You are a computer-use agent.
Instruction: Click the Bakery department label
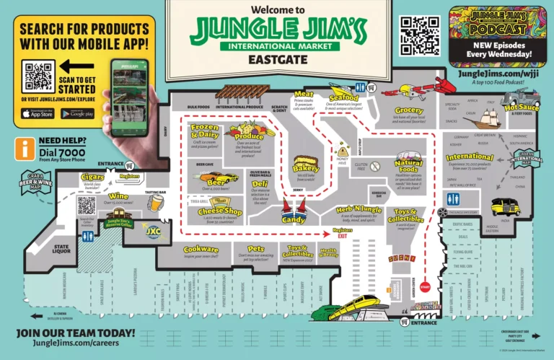pos(306,168)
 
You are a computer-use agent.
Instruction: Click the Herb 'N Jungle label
pos(358,210)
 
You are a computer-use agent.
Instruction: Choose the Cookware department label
pos(201,249)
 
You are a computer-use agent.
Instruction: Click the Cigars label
pos(92,177)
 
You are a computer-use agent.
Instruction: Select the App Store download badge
pos(38,113)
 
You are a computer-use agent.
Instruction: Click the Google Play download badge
pos(78,113)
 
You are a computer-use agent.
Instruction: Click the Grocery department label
pos(409,111)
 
